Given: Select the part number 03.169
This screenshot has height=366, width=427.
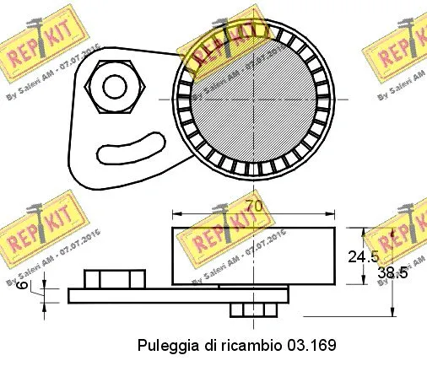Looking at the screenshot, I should pos(312,345).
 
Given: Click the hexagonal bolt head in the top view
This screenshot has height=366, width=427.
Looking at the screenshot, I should pos(111,84).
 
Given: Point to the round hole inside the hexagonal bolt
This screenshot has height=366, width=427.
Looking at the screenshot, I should pos(111,84).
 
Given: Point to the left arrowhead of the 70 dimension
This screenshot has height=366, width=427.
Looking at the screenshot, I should pos(176,213).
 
